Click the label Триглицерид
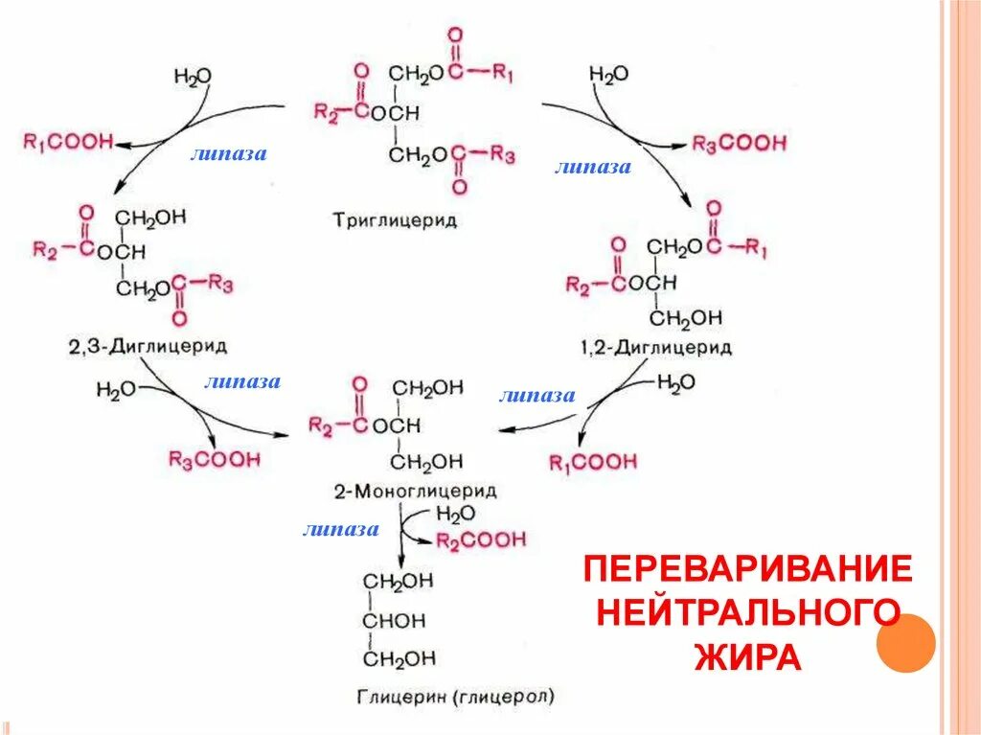click(x=396, y=220)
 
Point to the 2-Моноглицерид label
click(x=415, y=491)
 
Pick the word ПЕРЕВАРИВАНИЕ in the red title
click(x=747, y=569)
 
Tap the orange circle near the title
click(x=905, y=643)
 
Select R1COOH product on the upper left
click(x=67, y=142)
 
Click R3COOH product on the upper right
click(x=739, y=144)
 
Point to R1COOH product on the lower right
click(x=593, y=463)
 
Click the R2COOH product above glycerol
click(x=481, y=540)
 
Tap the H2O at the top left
click(x=193, y=76)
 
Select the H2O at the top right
click(x=608, y=75)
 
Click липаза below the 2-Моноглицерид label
click(x=340, y=529)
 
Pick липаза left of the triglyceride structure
click(x=228, y=153)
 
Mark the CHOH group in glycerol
click(x=393, y=620)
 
